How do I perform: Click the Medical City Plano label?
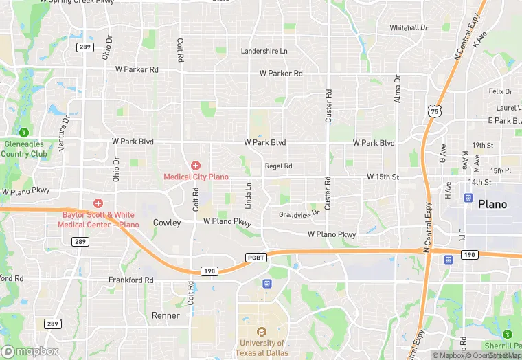pyautogui.click(x=196, y=177)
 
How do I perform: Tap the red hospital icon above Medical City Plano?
pyautogui.click(x=196, y=166)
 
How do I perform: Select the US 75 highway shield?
pyautogui.click(x=433, y=111)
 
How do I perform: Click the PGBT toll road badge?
pyautogui.click(x=255, y=257)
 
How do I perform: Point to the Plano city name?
pyautogui.click(x=492, y=204)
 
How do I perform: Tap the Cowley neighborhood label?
pyautogui.click(x=167, y=223)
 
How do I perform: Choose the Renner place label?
pyautogui.click(x=166, y=315)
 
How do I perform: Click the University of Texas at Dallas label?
pyautogui.click(x=262, y=347)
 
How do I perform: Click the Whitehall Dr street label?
pyautogui.click(x=409, y=27)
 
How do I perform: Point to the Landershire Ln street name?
pyautogui.click(x=264, y=51)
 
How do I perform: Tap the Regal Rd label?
pyautogui.click(x=278, y=166)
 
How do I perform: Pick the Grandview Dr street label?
pyautogui.click(x=299, y=214)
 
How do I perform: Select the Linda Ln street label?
pyautogui.click(x=248, y=196)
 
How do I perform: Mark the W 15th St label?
pyautogui.click(x=383, y=177)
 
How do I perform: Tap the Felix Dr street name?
pyautogui.click(x=500, y=91)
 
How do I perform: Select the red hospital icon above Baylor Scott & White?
pyautogui.click(x=98, y=203)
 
